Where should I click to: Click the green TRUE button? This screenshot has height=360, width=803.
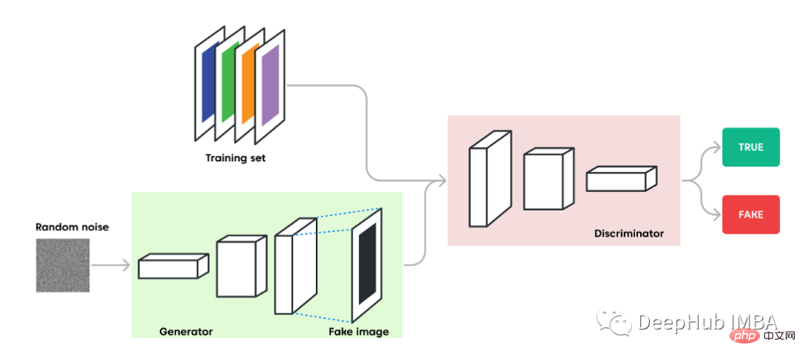[751, 147]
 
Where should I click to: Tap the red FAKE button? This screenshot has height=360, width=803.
[751, 214]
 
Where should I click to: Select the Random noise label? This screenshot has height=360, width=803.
[72, 226]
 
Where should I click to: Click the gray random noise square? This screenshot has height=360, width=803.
[62, 266]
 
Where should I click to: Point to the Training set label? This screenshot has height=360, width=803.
[236, 158]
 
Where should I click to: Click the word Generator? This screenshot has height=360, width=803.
[186, 331]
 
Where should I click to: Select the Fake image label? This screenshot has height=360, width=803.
[358, 331]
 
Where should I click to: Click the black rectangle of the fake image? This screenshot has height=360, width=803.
[367, 263]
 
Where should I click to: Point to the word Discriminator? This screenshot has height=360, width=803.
[629, 234]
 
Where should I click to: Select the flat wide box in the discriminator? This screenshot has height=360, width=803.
[621, 179]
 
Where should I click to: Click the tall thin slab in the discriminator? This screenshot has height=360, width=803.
[488, 179]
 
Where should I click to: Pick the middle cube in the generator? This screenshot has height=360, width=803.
[240, 267]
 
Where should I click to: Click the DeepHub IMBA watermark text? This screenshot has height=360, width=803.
[706, 321]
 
